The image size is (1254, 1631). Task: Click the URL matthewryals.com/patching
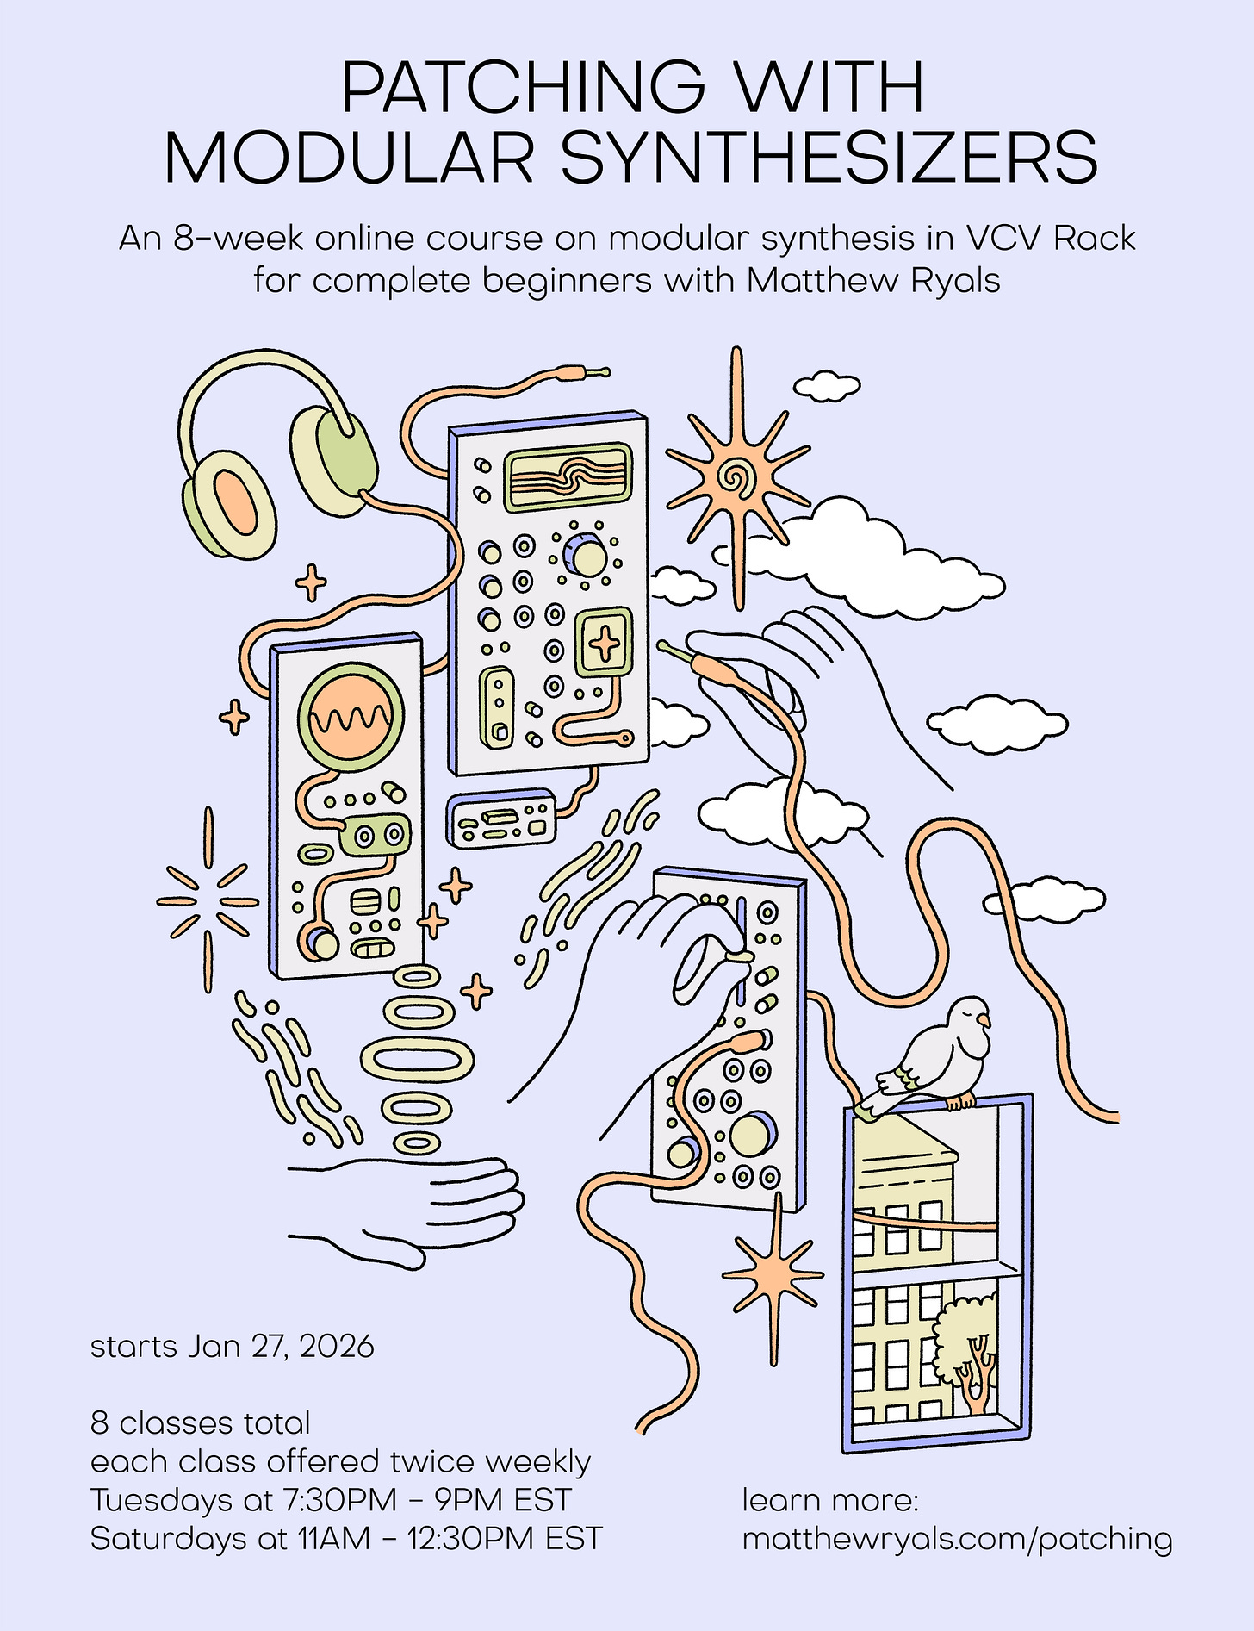[x=957, y=1538]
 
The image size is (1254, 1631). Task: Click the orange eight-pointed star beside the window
[x=773, y=1273]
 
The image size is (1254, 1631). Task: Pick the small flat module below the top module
[x=502, y=819]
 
